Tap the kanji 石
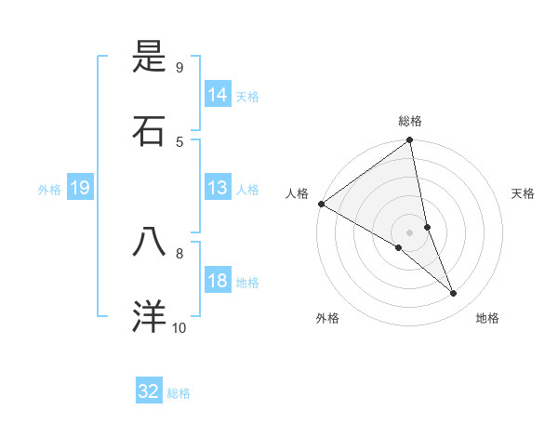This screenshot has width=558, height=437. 150,130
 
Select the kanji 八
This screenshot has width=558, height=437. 150,242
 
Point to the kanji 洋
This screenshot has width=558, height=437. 150,316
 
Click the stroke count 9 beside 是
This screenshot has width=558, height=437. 179,68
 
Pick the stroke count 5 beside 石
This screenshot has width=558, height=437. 179,141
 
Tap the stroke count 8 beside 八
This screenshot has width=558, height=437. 179,252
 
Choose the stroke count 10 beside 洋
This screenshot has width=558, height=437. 179,327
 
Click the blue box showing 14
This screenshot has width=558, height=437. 218,95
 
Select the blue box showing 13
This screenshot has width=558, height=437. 218,189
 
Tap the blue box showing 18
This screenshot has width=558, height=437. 218,282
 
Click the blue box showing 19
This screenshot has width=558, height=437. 79,189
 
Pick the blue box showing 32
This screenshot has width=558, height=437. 149,391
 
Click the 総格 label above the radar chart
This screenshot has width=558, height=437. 410,121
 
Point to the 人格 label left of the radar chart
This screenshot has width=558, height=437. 297,193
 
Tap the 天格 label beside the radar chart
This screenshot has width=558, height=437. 523,193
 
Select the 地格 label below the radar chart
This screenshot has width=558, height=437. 487,318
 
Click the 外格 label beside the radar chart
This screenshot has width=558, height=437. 327,318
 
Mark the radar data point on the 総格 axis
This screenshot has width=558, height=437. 410,141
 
